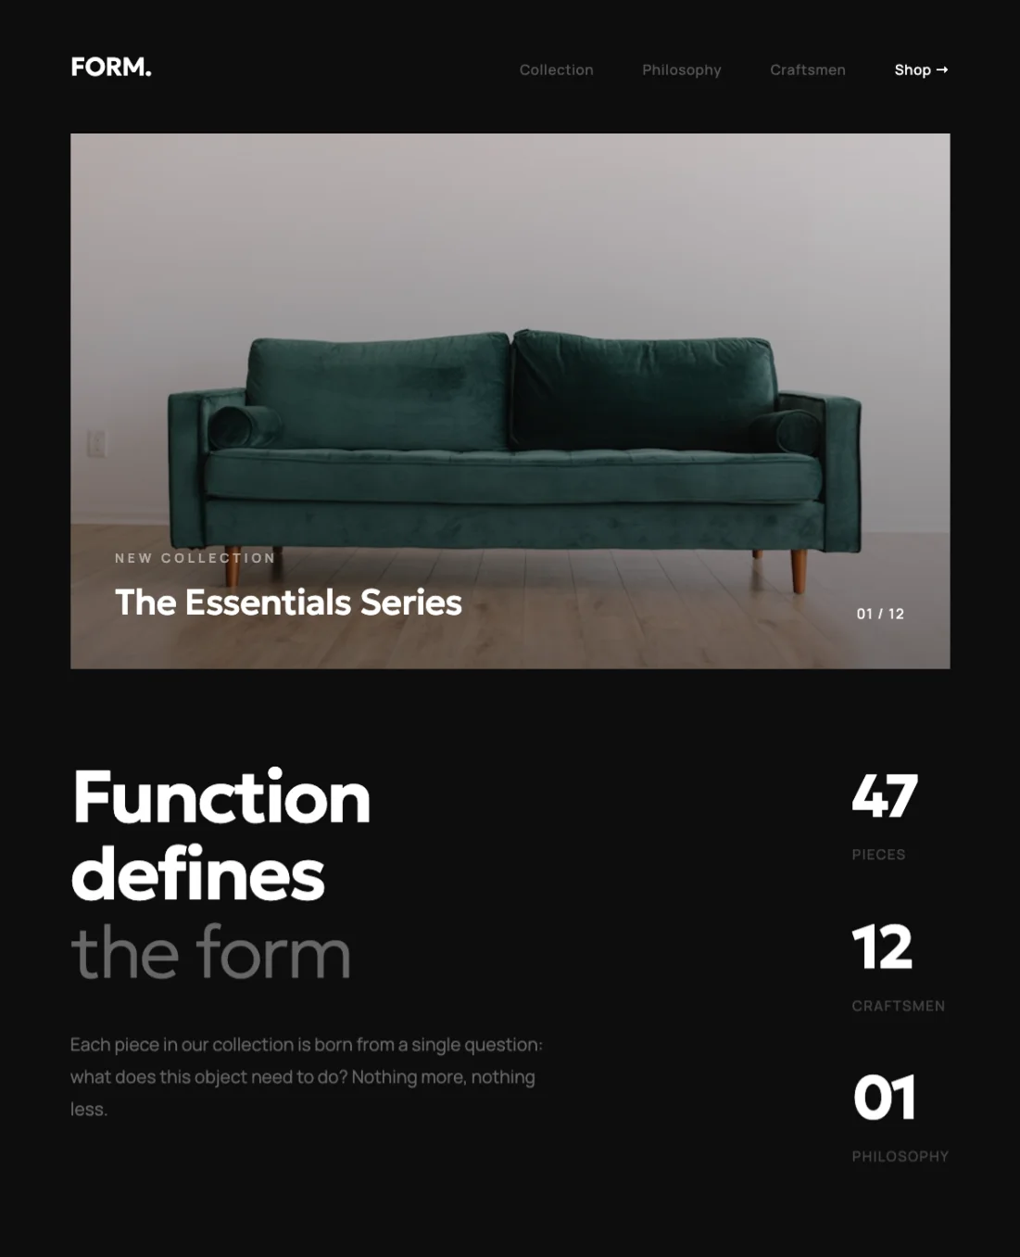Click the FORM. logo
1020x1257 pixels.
pyautogui.click(x=110, y=68)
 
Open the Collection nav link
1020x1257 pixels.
pyautogui.click(x=556, y=70)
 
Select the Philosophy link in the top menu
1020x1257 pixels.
pyautogui.click(x=681, y=70)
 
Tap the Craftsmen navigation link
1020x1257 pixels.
pyautogui.click(x=807, y=70)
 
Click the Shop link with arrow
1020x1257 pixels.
pyautogui.click(x=921, y=70)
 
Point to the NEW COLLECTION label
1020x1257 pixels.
pyautogui.click(x=195, y=558)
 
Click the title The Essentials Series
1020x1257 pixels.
pyautogui.click(x=288, y=603)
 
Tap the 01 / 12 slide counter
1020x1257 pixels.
pyautogui.click(x=880, y=614)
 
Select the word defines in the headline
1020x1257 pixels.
pyautogui.click(x=198, y=874)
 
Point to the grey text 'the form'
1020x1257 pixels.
pyautogui.click(x=210, y=952)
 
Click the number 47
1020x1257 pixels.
pyautogui.click(x=885, y=795)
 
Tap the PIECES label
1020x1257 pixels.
pyautogui.click(x=878, y=855)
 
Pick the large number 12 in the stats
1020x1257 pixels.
pyautogui.click(x=882, y=947)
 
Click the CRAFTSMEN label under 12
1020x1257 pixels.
pyautogui.click(x=898, y=1006)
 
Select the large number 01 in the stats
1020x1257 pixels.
pyautogui.click(x=885, y=1098)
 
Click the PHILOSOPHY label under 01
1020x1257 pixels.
pyautogui.click(x=900, y=1156)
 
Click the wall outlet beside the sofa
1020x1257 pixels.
pyautogui.click(x=96, y=443)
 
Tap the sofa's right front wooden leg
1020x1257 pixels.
pyautogui.click(x=799, y=569)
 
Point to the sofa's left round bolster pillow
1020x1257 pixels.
pyautogui.click(x=243, y=427)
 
